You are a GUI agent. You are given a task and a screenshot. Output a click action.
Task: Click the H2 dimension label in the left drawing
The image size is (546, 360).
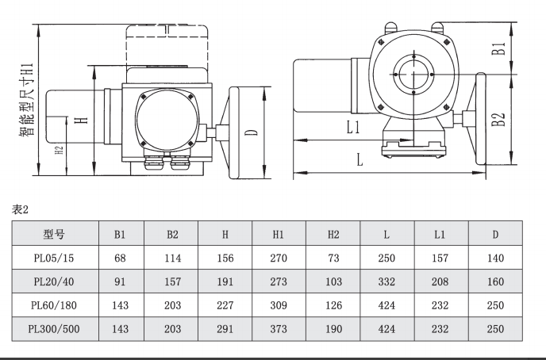click(x=60, y=150)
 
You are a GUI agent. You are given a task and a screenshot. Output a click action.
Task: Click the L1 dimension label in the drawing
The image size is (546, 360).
click(x=353, y=127)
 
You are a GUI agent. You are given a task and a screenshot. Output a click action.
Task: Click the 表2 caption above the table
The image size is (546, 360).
click(x=20, y=210)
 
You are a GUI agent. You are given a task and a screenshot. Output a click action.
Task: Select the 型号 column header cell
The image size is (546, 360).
click(x=54, y=234)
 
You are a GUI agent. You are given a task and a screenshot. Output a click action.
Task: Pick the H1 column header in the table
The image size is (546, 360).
click(x=279, y=235)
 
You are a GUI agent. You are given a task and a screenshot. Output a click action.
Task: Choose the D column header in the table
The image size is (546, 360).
click(x=495, y=235)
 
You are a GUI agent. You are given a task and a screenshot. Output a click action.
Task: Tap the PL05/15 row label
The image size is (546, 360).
click(x=54, y=258)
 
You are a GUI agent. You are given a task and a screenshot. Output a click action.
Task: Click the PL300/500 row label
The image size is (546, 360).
click(x=54, y=329)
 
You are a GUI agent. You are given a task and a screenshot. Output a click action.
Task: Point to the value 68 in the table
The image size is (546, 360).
click(x=120, y=258)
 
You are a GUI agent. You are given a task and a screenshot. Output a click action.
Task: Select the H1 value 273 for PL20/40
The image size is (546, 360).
click(x=279, y=281)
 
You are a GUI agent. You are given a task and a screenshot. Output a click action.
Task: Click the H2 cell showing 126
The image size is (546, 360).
click(x=333, y=305)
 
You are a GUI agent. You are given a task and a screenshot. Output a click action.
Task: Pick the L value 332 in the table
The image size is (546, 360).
click(x=386, y=281)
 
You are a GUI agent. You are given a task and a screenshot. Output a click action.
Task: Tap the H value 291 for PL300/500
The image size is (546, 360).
click(x=225, y=329)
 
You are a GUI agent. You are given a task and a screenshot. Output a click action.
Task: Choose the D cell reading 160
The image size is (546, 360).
click(x=495, y=281)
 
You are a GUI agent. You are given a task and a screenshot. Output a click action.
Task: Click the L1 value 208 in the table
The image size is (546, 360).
click(x=440, y=281)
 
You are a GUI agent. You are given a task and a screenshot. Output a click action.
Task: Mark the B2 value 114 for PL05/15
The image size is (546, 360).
click(x=173, y=258)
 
